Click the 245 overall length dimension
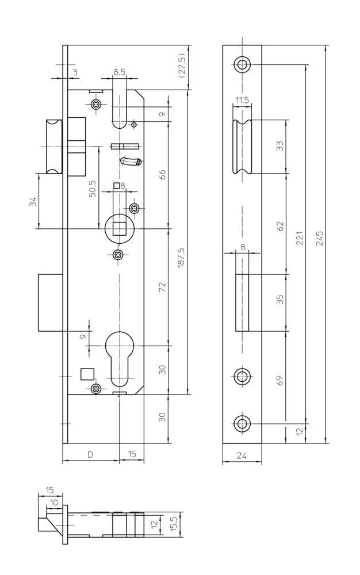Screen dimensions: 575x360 pos(320,239)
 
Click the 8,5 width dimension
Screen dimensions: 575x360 pos(119,72)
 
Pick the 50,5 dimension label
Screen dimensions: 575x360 pos(93,189)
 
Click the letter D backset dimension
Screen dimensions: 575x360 pos(90,454)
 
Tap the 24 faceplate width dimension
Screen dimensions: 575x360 pos(242,456)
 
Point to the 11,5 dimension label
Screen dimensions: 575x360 pos(242,100)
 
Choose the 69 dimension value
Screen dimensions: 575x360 pos(280,380)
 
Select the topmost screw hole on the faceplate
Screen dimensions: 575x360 pos(242,64)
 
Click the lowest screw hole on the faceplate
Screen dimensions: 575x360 pos(242,425)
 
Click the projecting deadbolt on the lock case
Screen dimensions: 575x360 pos(49,303)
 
